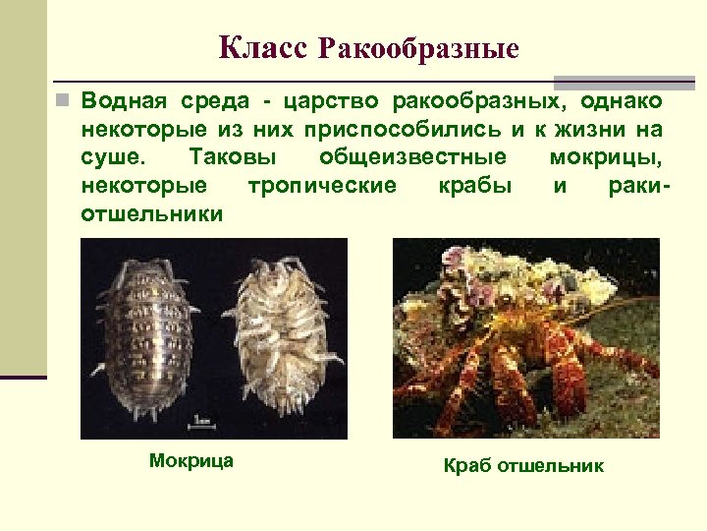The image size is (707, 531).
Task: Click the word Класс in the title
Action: (263, 46)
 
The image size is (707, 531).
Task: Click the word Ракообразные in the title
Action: (419, 47)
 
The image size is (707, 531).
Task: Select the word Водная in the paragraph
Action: (123, 101)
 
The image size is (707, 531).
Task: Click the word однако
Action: (621, 101)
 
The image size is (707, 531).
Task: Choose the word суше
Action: (109, 157)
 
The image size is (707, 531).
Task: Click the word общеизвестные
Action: (413, 157)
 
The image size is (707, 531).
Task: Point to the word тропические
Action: (322, 185)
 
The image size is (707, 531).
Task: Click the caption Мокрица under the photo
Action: (191, 460)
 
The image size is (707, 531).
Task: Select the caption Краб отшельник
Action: (524, 465)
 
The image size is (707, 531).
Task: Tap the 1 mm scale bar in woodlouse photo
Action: (202, 423)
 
